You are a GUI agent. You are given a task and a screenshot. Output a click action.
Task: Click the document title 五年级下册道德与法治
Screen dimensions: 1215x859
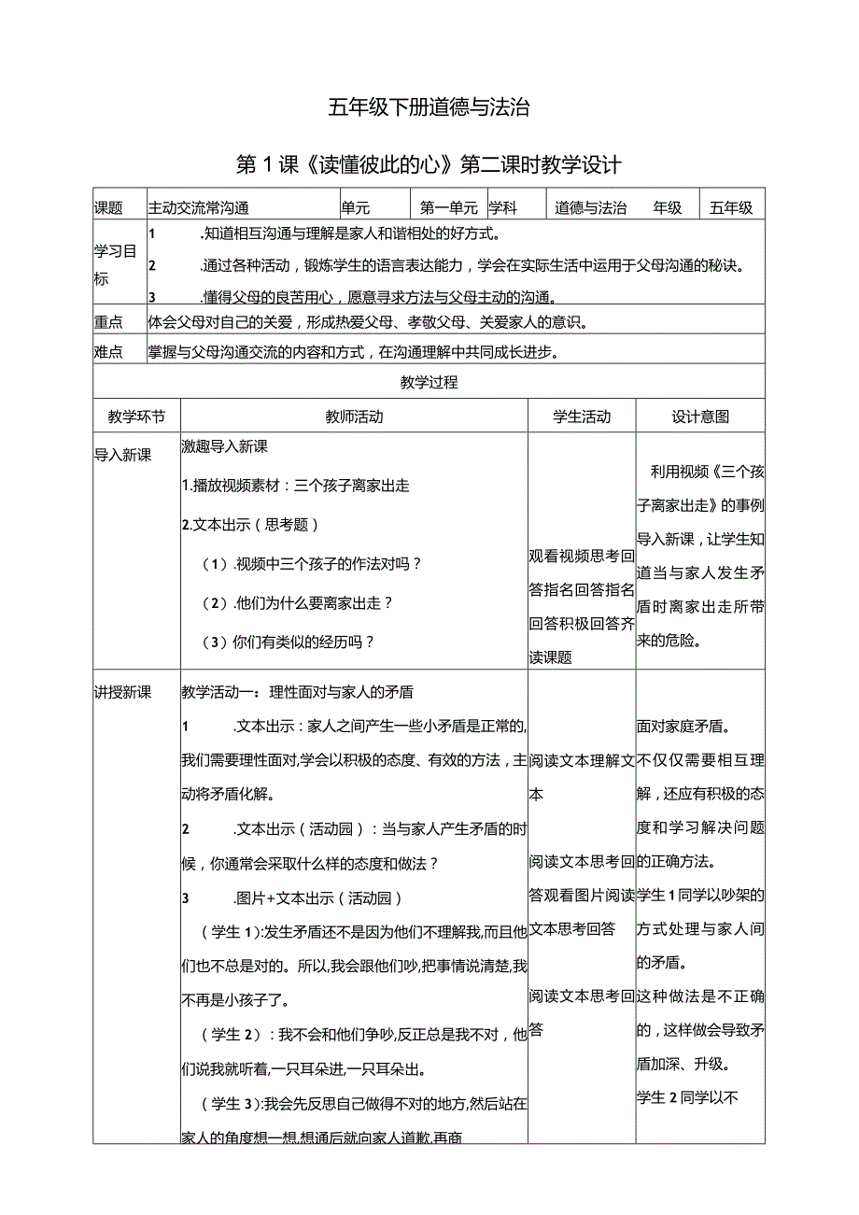[429, 107]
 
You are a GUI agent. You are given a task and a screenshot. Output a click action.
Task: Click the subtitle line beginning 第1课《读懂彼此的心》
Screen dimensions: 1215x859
[429, 166]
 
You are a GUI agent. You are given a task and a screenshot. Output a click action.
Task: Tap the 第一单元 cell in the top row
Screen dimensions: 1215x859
[449, 208]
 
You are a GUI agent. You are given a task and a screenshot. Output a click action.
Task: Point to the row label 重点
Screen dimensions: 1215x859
[108, 323]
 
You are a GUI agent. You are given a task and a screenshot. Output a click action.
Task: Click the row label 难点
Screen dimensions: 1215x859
[108, 352]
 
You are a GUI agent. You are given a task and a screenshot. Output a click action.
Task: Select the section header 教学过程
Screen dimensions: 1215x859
[429, 382]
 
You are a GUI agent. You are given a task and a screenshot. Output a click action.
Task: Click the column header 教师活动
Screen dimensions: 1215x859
[354, 417]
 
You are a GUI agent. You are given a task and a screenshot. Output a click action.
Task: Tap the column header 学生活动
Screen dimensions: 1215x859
[582, 417]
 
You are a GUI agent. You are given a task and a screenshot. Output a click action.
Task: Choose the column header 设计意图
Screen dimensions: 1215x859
[700, 417]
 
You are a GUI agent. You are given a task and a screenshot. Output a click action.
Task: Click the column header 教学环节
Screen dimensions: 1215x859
[136, 417]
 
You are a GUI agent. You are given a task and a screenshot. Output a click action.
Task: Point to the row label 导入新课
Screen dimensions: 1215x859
[122, 454]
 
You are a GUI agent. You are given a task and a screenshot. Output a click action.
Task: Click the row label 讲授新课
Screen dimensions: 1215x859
[122, 692]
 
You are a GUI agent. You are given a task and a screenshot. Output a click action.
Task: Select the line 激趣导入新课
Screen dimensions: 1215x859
[225, 447]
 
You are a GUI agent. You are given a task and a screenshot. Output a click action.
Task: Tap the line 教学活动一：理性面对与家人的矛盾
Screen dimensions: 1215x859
[298, 692]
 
